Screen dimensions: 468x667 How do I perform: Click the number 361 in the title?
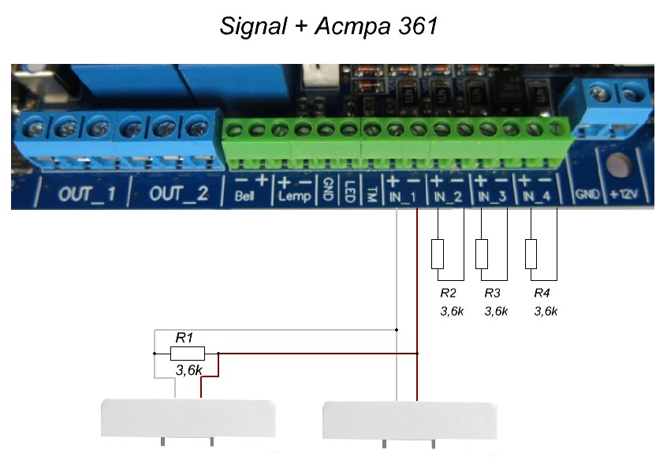click(x=412, y=27)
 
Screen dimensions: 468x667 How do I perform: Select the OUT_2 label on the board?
click(x=178, y=193)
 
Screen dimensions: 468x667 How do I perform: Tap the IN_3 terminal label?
click(x=492, y=196)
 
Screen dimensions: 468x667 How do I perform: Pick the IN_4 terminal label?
click(x=535, y=196)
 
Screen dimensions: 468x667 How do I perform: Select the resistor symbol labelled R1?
click(x=188, y=354)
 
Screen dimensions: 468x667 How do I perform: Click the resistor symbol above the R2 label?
click(x=438, y=254)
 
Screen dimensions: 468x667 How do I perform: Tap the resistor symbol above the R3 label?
click(x=483, y=254)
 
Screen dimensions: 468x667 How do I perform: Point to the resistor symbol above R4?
click(x=531, y=254)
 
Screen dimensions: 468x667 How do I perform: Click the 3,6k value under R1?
click(x=188, y=369)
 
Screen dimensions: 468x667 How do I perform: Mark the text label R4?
click(x=542, y=293)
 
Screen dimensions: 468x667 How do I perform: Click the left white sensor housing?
click(x=189, y=418)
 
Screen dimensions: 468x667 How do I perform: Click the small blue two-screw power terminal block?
click(x=616, y=104)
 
